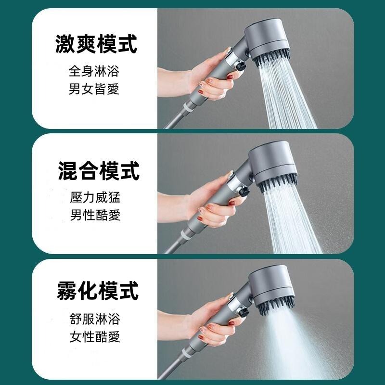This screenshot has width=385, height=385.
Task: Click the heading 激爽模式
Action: pyautogui.click(x=96, y=43)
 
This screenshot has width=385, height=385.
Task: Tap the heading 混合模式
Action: pyautogui.click(x=98, y=170)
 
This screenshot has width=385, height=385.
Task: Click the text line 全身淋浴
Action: pyautogui.click(x=94, y=72)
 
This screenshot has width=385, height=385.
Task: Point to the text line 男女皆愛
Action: pyautogui.click(x=94, y=89)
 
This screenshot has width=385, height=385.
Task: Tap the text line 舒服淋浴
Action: pyautogui.click(x=94, y=319)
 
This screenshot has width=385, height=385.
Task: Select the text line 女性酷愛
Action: pyautogui.click(x=94, y=336)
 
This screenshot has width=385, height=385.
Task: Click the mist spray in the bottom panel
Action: pyautogui.click(x=294, y=342)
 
